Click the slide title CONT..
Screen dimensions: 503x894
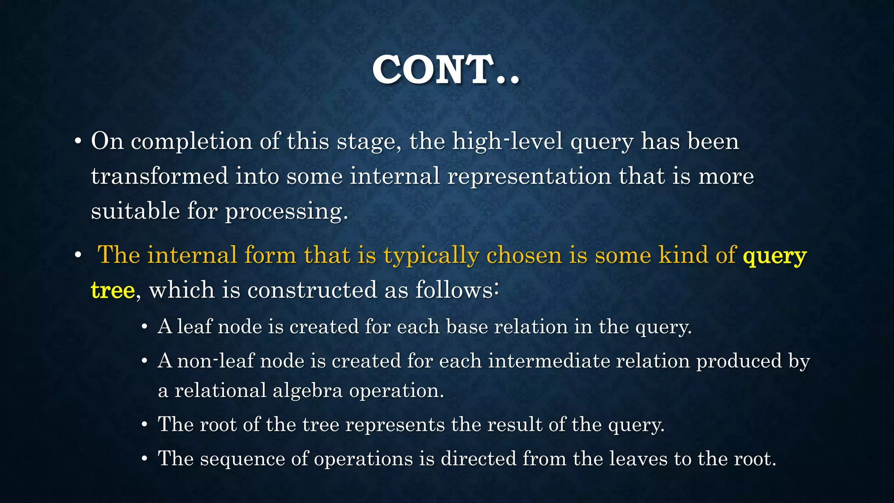[x=446, y=70]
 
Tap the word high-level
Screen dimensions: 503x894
[x=508, y=141]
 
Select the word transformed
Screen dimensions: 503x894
[x=159, y=176]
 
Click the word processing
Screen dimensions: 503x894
[x=286, y=212]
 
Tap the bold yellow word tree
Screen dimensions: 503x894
[x=113, y=290]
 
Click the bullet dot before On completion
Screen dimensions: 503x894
[x=78, y=142]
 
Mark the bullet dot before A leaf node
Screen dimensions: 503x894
[x=144, y=327]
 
